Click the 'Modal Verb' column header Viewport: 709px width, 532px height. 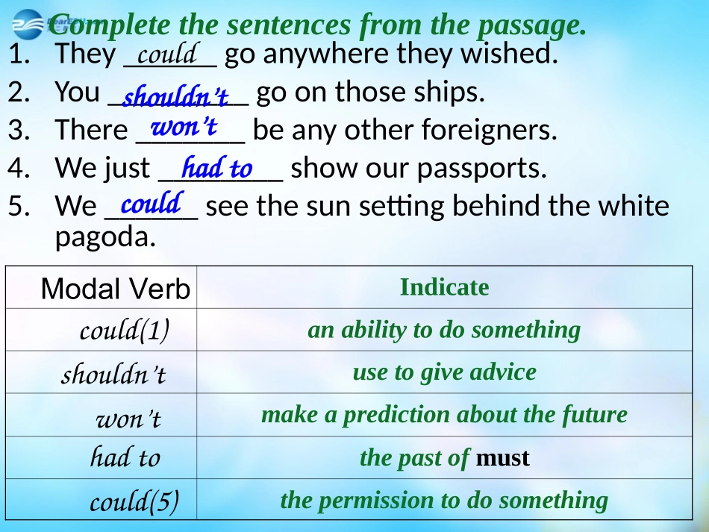coord(116,289)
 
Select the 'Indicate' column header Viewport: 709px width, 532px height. coord(444,287)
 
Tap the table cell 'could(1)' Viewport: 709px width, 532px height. coord(124,330)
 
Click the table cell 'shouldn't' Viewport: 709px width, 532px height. coord(113,373)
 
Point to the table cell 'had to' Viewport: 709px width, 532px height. coord(125,457)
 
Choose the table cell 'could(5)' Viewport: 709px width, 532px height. coord(134,501)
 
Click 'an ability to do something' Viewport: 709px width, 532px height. coord(443,330)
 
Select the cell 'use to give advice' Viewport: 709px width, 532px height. coord(444,372)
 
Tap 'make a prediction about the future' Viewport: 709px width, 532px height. coord(444,414)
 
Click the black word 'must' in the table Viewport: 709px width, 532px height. coord(502,457)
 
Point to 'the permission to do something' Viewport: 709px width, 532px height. coord(444,500)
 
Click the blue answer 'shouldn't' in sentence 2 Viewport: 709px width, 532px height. coord(175,97)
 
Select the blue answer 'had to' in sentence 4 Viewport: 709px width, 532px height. coord(217,167)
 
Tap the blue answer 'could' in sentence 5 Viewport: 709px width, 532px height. coord(152,202)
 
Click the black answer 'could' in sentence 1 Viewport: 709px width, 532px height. coord(166,54)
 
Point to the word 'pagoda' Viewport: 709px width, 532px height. coord(104,237)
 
